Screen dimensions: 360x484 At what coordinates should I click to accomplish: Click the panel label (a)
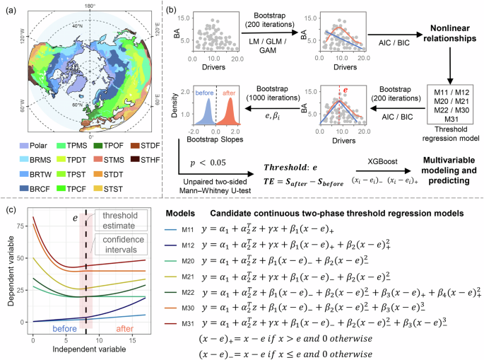pyautogui.click(x=11, y=11)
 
